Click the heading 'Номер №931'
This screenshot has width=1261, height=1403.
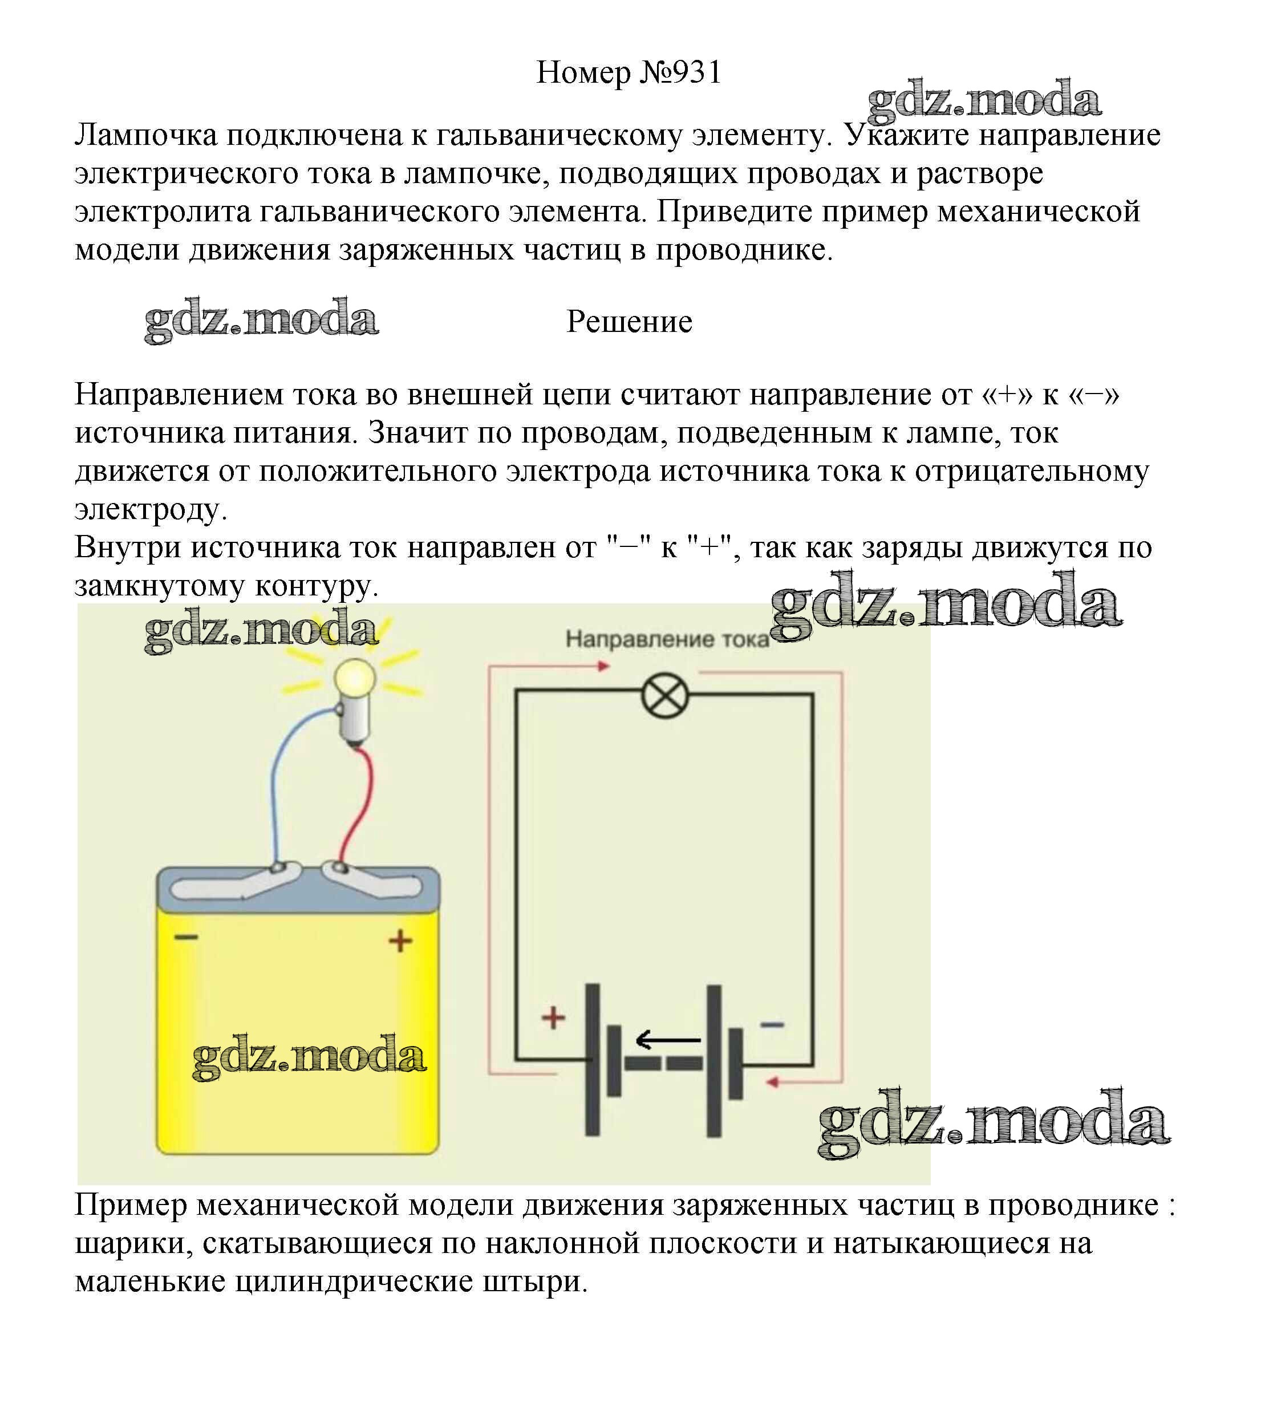coord(629,72)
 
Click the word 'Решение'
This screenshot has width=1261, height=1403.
coord(629,322)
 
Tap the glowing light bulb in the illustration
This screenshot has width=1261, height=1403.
coord(355,700)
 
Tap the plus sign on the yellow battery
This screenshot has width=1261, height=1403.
coord(400,941)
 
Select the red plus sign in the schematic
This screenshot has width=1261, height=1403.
coord(553,1018)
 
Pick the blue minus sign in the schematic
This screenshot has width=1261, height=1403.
coord(773,1024)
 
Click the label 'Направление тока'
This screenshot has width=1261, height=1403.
coord(667,639)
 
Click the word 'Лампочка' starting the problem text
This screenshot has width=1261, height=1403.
coord(146,136)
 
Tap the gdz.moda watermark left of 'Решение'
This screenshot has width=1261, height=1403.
coord(261,320)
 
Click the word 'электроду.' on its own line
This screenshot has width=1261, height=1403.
coord(151,510)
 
